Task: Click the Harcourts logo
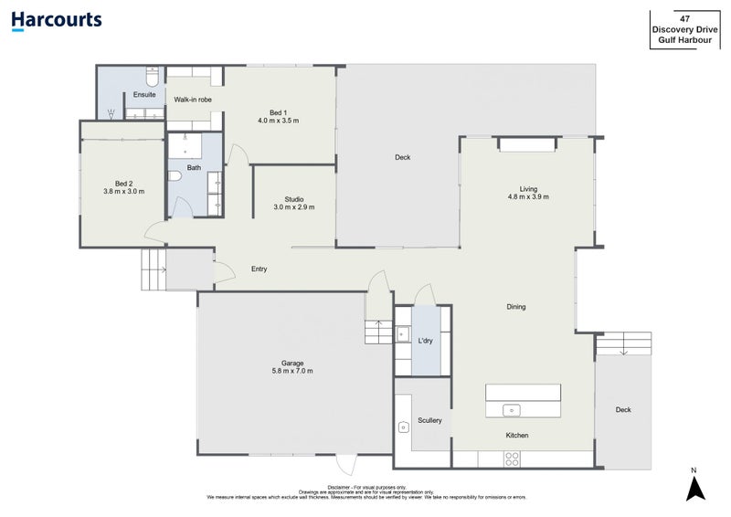57,20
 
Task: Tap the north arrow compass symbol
694,489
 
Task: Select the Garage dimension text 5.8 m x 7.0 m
292,371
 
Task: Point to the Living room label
528,187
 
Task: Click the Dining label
516,307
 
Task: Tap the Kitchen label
517,436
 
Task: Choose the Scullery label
429,420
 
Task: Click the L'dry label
425,341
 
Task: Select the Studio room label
293,199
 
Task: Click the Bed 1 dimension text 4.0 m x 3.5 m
278,121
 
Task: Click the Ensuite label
144,95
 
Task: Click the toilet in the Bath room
176,177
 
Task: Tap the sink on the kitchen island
513,408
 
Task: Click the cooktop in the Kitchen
513,458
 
